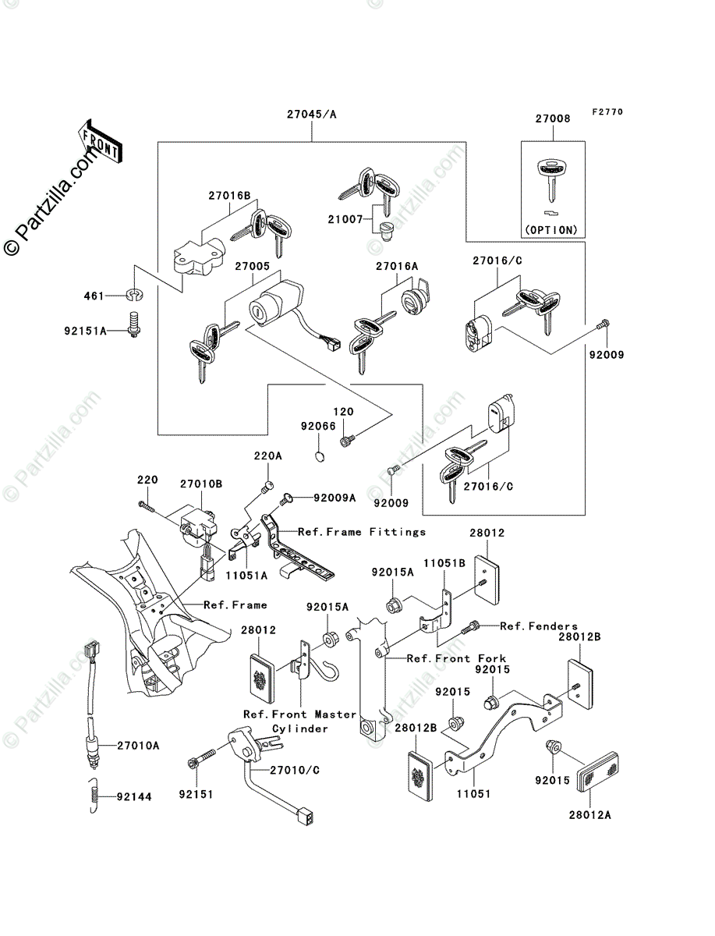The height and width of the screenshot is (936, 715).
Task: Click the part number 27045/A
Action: pyautogui.click(x=312, y=114)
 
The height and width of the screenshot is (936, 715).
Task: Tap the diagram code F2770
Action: pyautogui.click(x=607, y=112)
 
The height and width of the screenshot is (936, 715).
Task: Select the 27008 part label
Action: pyautogui.click(x=552, y=119)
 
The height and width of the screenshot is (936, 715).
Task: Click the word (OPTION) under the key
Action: pyautogui.click(x=552, y=230)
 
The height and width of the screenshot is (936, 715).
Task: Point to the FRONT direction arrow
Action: pyautogui.click(x=99, y=140)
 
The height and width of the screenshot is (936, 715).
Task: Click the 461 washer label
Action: pyautogui.click(x=94, y=296)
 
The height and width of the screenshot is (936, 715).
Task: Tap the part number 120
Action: pyautogui.click(x=344, y=411)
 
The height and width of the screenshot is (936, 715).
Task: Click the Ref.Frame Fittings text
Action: pyautogui.click(x=362, y=532)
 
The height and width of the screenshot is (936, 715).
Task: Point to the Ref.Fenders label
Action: pyautogui.click(x=539, y=626)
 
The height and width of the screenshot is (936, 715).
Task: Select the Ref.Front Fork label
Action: pyautogui.click(x=456, y=658)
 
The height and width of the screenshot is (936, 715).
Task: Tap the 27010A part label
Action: pyautogui.click(x=138, y=746)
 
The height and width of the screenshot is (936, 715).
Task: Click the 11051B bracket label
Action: pyautogui.click(x=444, y=562)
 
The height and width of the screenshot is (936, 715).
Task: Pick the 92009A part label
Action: pyautogui.click(x=334, y=497)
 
